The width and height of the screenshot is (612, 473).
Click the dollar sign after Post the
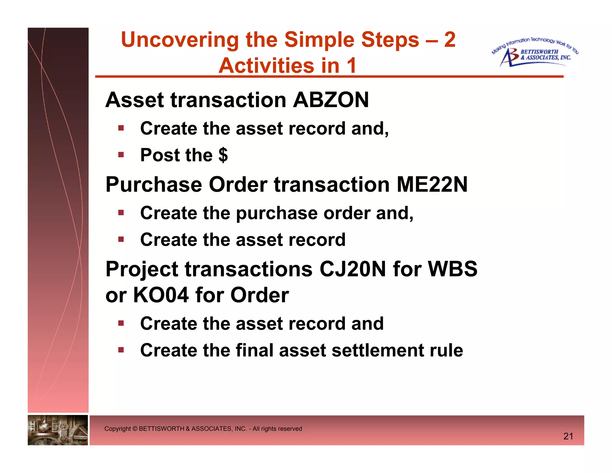223,155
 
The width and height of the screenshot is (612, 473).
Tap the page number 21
568,436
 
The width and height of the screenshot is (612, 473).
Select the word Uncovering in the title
179,40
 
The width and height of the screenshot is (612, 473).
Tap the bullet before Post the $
121,155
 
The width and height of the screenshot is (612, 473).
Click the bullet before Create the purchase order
121,213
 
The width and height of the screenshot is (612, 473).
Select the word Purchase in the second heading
154,184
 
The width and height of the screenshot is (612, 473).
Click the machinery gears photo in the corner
58,430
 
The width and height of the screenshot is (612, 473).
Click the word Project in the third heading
142,269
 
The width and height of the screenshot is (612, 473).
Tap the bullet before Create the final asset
121,350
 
